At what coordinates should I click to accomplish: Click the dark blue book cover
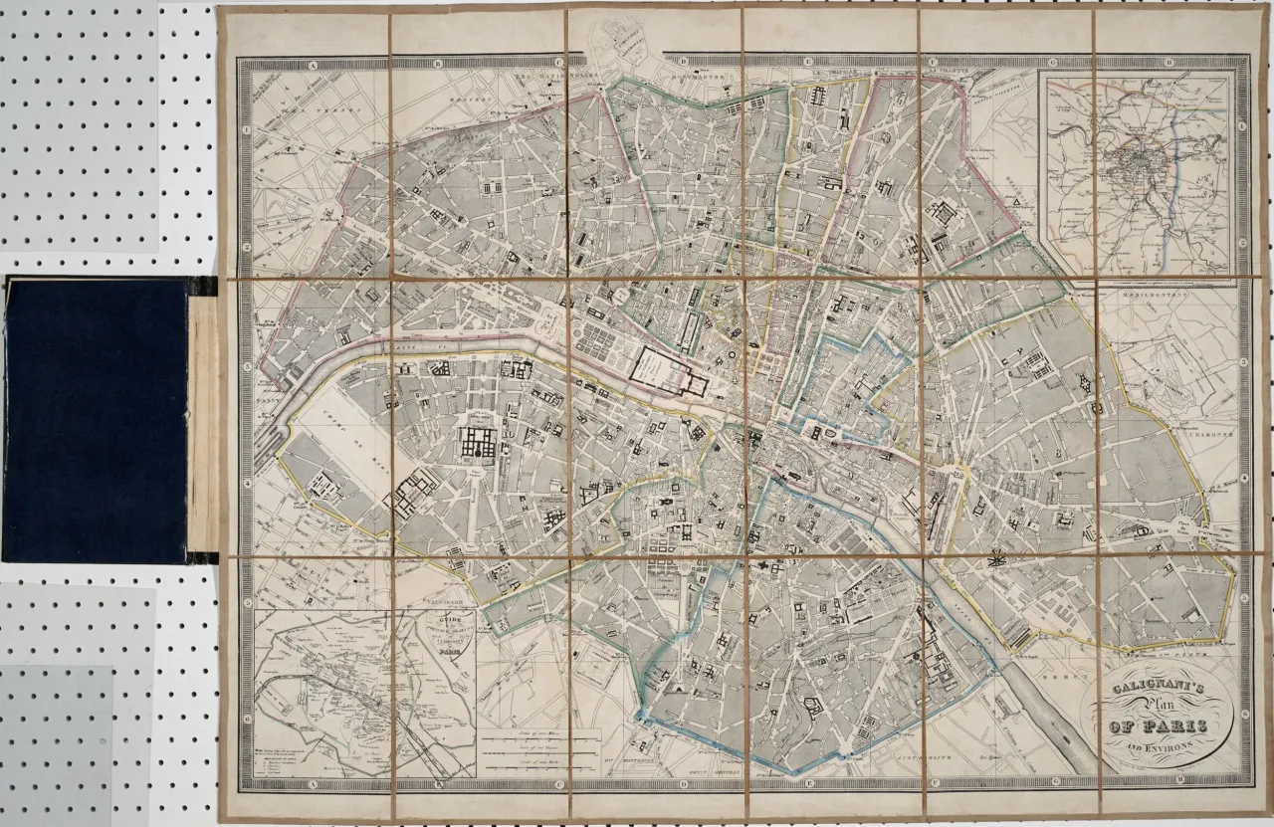click(x=95, y=421)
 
